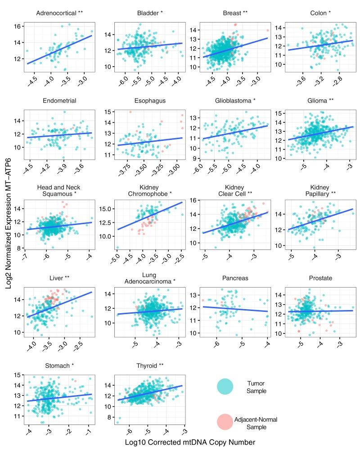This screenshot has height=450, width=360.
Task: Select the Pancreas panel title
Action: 232,279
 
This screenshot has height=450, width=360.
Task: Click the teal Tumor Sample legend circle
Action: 225,386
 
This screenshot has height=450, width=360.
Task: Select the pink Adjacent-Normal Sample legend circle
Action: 225,422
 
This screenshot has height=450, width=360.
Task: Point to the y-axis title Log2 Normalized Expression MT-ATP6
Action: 9,225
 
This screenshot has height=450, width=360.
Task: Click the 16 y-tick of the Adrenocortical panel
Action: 17,26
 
